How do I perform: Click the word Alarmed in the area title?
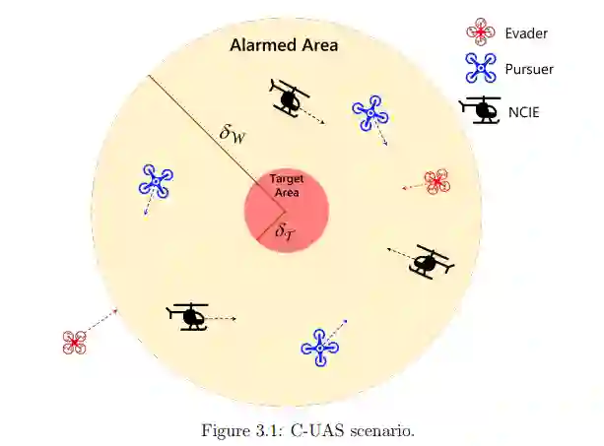pos(259,45)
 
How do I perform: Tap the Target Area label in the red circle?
pos(286,186)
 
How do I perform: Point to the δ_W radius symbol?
pos(233,133)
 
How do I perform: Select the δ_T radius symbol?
pos(284,232)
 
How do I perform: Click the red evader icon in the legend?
pos(480,33)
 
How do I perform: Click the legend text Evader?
pos(526,33)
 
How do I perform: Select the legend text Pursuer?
pos(529,69)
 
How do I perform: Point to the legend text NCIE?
pos(524,111)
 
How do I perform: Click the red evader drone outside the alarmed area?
pos(74,342)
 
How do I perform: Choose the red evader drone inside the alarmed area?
pos(436,181)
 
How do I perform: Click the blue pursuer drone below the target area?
pos(320,347)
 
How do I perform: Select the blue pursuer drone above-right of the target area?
pos(369,113)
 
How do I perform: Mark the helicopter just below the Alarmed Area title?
pos(289,97)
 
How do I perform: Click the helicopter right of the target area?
pos(428,261)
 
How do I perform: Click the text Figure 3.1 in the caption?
pos(240,431)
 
